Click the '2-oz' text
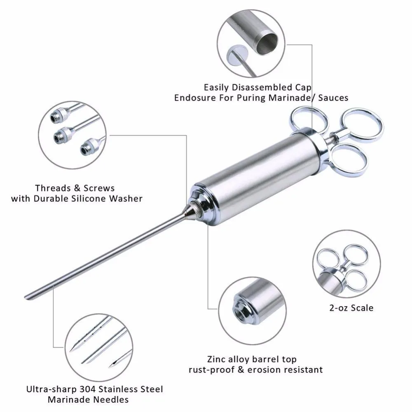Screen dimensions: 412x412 coord(338,307)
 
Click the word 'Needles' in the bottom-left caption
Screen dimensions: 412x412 coord(113,399)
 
